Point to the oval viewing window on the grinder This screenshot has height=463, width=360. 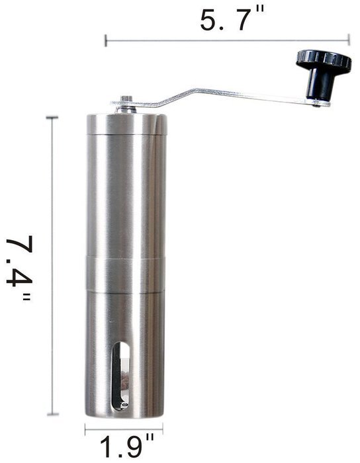pos(121,376)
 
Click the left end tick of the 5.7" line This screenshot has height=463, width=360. pos(106,40)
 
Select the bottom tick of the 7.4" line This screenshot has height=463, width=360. pos(52,415)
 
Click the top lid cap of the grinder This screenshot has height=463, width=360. pos(126,122)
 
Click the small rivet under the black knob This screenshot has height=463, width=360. pos(318,103)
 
